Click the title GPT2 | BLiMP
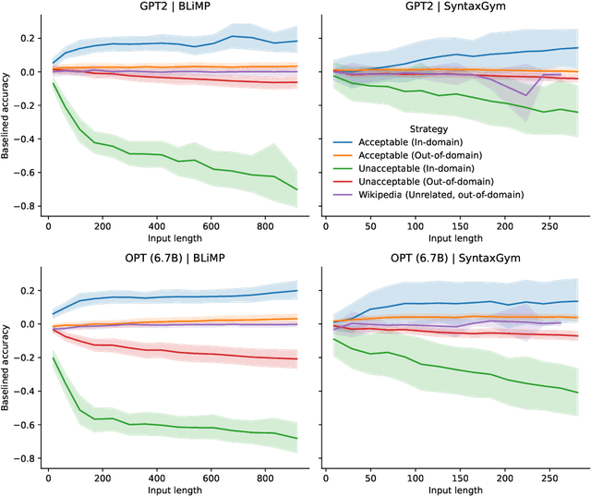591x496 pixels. tap(173, 7)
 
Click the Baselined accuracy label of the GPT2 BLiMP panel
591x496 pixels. tap(7, 115)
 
